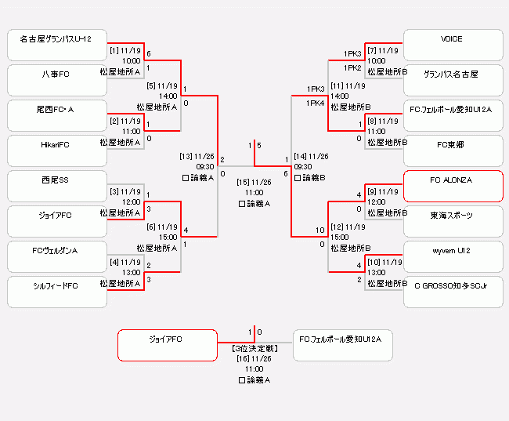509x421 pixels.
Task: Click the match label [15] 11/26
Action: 254,183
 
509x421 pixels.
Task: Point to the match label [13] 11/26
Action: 197,156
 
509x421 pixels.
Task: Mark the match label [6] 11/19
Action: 162,227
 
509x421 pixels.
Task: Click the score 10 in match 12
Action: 320,230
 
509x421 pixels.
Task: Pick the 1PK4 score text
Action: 316,103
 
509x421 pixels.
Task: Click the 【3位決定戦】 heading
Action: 254,347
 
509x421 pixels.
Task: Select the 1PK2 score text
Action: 352,68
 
